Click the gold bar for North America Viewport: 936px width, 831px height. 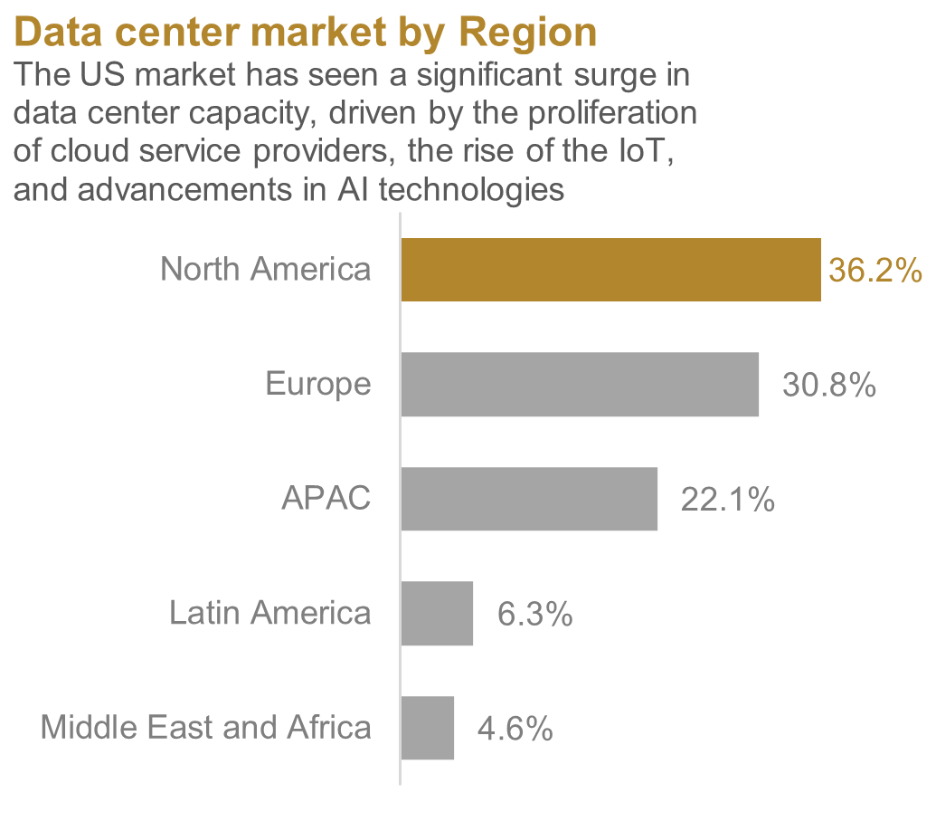click(610, 270)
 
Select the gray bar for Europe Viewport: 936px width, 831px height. click(579, 385)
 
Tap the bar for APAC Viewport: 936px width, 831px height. click(528, 499)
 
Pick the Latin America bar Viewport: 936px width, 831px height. click(437, 614)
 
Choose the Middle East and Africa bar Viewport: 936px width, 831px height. click(427, 728)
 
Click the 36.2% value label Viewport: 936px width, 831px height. click(875, 271)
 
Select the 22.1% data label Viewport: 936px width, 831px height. click(727, 500)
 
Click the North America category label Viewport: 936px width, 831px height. click(265, 269)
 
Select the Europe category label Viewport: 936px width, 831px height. click(317, 384)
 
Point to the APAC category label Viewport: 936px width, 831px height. click(326, 499)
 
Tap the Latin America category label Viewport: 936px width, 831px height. click(269, 613)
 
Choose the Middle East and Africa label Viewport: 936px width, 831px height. click(205, 727)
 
